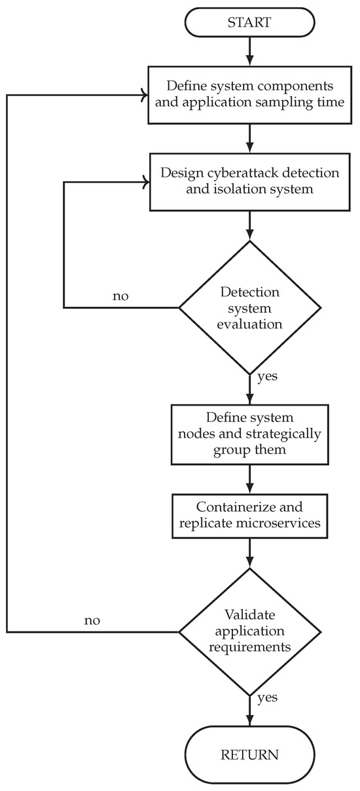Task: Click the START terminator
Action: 249,22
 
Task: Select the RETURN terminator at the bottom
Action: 249,754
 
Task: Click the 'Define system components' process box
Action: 249,94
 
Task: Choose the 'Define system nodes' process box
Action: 249,433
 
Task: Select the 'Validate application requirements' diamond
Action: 249,631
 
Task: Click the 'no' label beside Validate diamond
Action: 92,620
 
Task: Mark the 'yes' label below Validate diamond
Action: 266,697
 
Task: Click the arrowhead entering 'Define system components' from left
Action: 143,95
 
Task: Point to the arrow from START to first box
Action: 249,51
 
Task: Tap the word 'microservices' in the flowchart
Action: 285,525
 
